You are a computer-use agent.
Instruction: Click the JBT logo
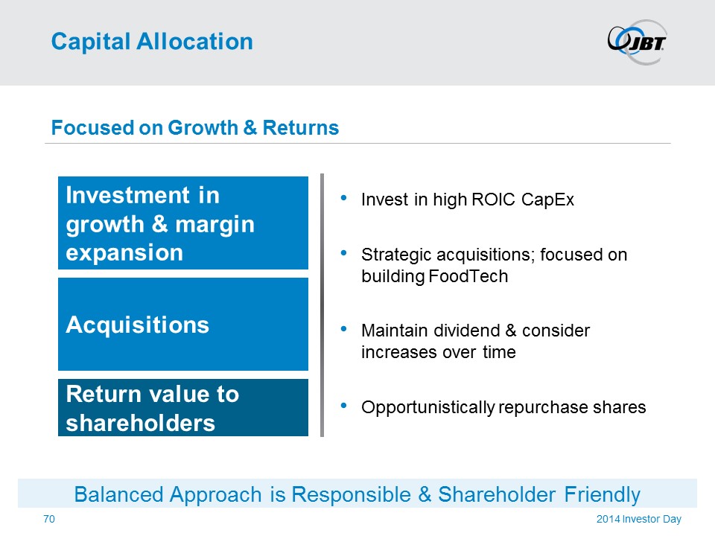[x=637, y=42]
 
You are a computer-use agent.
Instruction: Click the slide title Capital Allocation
[x=152, y=42]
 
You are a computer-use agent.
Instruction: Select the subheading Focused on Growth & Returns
[x=194, y=127]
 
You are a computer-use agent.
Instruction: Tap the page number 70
[x=49, y=519]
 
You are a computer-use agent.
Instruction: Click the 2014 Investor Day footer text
[x=639, y=519]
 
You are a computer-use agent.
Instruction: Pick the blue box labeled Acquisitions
[x=183, y=324]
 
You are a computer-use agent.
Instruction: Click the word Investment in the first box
[x=127, y=195]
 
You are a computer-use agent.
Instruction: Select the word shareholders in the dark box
[x=141, y=423]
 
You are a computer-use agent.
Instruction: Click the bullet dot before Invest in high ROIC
[x=344, y=198]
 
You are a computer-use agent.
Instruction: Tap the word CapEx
[x=547, y=200]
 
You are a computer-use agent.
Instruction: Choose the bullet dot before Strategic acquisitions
[x=344, y=253]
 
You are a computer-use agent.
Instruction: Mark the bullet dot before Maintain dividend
[x=344, y=328]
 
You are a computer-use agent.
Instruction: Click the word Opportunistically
[x=428, y=407]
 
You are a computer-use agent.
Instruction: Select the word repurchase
[x=543, y=407]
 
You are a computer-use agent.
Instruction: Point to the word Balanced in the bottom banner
[x=118, y=494]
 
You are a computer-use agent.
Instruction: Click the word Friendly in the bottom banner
[x=602, y=495]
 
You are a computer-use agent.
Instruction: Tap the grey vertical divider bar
[x=322, y=305]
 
